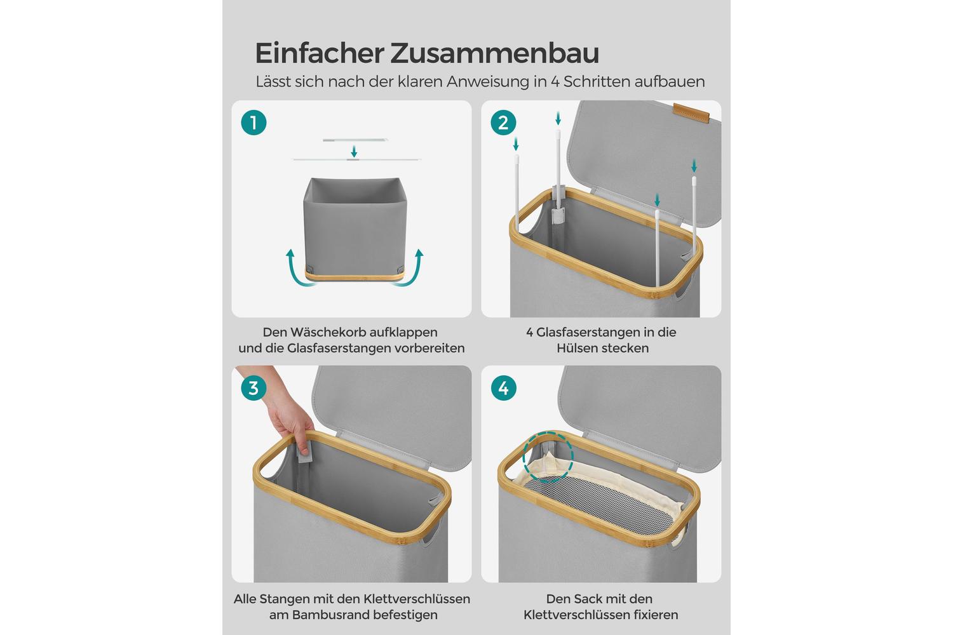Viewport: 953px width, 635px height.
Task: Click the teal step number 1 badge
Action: pos(253,123)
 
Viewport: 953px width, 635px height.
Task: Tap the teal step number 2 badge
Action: pos(503,123)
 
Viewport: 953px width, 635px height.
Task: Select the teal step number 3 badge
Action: pos(253,388)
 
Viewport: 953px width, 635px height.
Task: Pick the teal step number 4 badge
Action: pos(503,388)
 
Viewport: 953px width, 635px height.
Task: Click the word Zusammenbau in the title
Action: pos(495,53)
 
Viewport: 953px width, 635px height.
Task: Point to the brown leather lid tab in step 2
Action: pos(691,112)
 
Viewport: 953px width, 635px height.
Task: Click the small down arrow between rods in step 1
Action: pos(353,151)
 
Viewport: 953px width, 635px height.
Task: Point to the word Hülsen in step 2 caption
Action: pos(576,349)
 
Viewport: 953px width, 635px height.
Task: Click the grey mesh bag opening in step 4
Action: pos(600,505)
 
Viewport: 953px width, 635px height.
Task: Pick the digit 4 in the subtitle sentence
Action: pos(555,82)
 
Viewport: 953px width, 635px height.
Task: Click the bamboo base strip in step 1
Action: pos(355,276)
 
